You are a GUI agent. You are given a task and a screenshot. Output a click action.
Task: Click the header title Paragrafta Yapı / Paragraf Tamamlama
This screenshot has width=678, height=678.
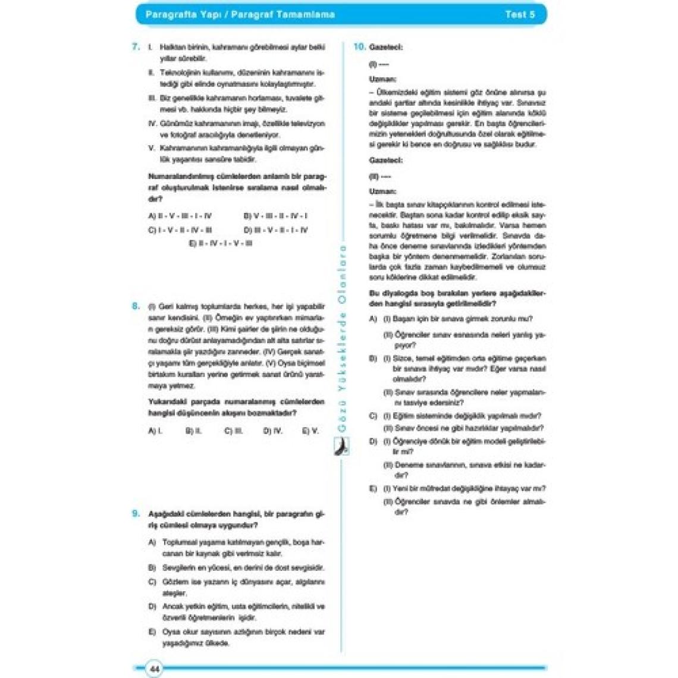click(x=240, y=15)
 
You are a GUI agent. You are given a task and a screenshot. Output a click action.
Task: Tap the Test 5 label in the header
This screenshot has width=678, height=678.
click(x=519, y=15)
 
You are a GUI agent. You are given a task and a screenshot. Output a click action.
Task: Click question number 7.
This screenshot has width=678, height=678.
click(x=136, y=46)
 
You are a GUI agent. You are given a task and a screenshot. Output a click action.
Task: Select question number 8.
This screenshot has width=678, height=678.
click(x=136, y=306)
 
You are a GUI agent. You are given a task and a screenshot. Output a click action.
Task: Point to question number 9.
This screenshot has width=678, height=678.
click(x=136, y=513)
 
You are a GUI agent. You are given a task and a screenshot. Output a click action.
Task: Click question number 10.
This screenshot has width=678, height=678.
click(x=359, y=46)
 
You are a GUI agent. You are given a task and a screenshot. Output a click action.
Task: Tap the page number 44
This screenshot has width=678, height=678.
click(x=154, y=669)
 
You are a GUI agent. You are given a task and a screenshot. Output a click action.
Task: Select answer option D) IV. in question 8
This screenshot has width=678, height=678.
click(x=272, y=431)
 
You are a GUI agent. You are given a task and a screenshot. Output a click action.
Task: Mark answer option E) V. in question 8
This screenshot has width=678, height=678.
click(x=310, y=431)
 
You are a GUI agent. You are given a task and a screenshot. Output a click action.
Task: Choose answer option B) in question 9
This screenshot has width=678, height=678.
click(x=152, y=567)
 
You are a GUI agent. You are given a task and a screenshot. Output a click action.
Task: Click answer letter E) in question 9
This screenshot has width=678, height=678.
click(x=152, y=632)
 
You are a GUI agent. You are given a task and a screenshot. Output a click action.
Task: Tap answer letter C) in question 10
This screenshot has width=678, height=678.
click(x=373, y=416)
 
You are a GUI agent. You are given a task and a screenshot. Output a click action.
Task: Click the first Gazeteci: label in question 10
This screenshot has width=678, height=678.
click(x=385, y=47)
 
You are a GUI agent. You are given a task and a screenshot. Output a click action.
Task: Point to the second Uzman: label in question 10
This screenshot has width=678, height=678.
click(x=382, y=192)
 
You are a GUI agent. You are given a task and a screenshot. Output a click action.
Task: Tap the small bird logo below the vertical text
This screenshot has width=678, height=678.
click(x=342, y=446)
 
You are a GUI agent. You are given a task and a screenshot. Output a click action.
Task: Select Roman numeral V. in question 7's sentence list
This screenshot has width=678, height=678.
click(x=152, y=148)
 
